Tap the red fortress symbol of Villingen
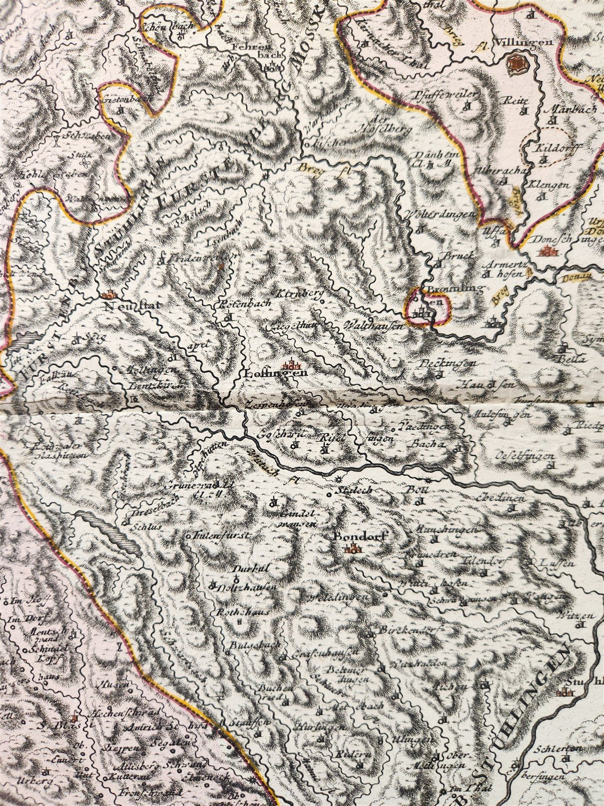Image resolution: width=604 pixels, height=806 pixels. pyautogui.click(x=515, y=63)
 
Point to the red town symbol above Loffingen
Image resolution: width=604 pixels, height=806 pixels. pyautogui.click(x=290, y=362)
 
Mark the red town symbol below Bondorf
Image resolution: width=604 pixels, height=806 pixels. pyautogui.click(x=354, y=550)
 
